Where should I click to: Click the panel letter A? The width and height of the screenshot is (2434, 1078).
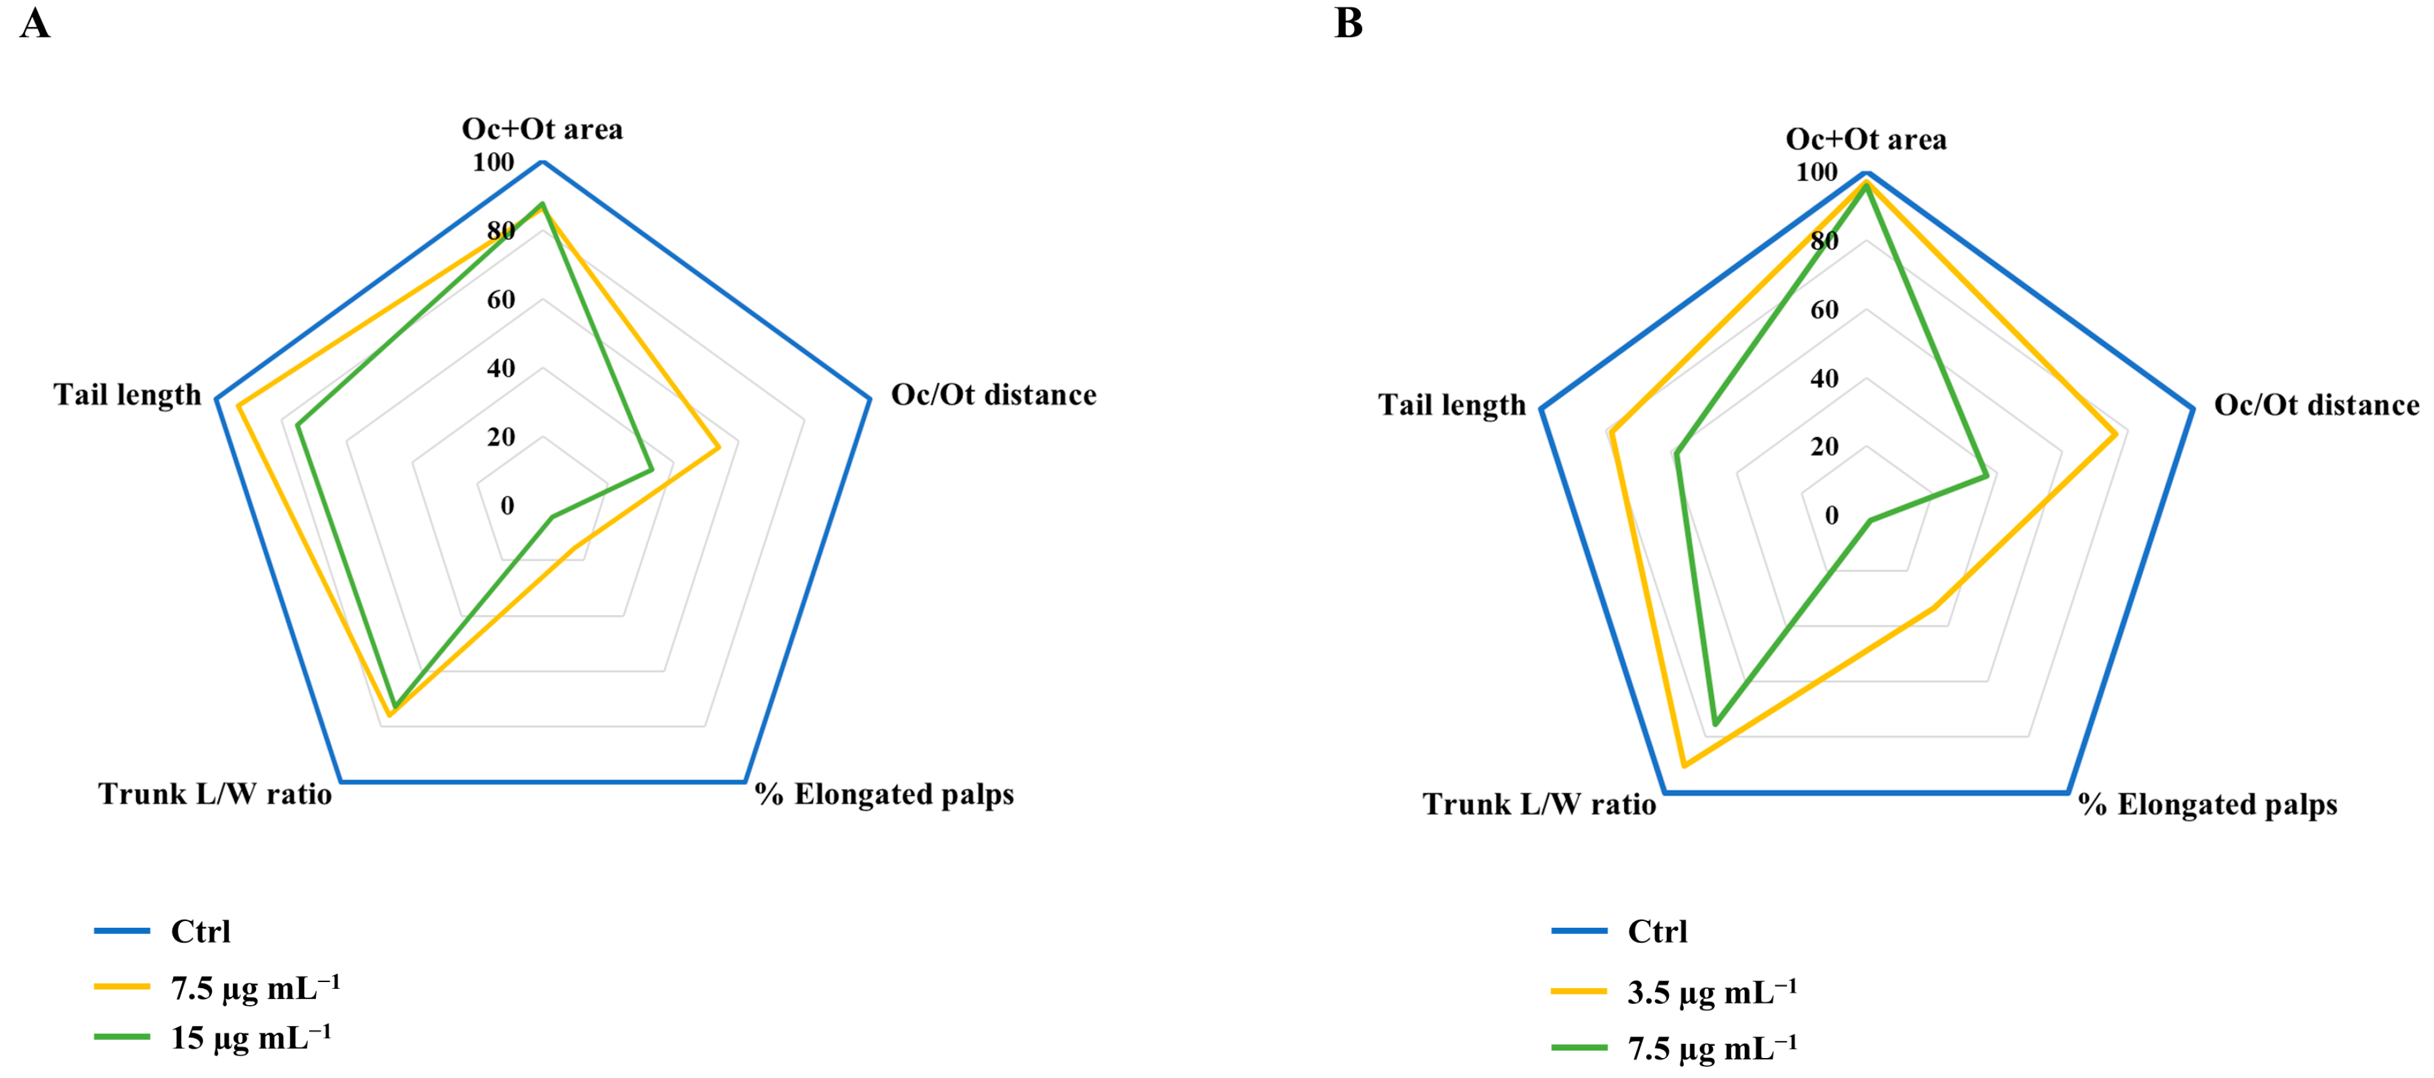tap(35, 22)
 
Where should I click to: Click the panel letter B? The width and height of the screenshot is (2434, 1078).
tap(1348, 22)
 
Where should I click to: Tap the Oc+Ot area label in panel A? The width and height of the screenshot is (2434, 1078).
tap(542, 130)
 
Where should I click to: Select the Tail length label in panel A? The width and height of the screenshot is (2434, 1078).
tap(128, 395)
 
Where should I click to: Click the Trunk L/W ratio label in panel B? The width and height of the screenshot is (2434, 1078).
tap(1539, 805)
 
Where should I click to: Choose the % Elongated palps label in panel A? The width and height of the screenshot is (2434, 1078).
tap(884, 794)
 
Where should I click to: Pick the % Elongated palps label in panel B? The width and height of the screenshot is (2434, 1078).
tap(2207, 805)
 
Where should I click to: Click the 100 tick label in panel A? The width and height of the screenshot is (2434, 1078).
tap(494, 163)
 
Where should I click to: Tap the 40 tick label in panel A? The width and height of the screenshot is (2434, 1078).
tap(501, 368)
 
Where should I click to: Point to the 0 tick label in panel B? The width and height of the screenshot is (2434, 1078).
tap(1831, 516)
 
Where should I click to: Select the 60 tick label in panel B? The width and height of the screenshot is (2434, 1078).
tap(1823, 310)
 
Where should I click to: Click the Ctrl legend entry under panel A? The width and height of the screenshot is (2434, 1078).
tap(200, 932)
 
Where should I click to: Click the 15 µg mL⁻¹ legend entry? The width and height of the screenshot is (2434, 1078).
tap(251, 1038)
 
